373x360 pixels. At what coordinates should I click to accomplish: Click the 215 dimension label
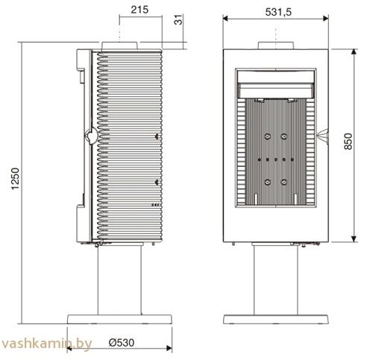click(x=140, y=10)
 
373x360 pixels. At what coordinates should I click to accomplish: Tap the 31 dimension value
click(x=178, y=19)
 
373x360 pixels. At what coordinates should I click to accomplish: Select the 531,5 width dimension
click(x=278, y=12)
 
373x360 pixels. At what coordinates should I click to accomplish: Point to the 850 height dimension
click(x=348, y=142)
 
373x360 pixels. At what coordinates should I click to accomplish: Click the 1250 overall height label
click(x=15, y=179)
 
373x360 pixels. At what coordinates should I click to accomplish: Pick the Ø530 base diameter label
click(x=122, y=343)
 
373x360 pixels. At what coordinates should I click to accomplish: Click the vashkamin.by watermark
click(x=46, y=344)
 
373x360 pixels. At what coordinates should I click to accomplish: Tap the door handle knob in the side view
click(x=92, y=136)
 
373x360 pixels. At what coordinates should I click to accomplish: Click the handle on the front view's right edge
click(x=323, y=136)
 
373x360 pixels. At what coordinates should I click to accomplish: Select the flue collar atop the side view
click(x=119, y=45)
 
